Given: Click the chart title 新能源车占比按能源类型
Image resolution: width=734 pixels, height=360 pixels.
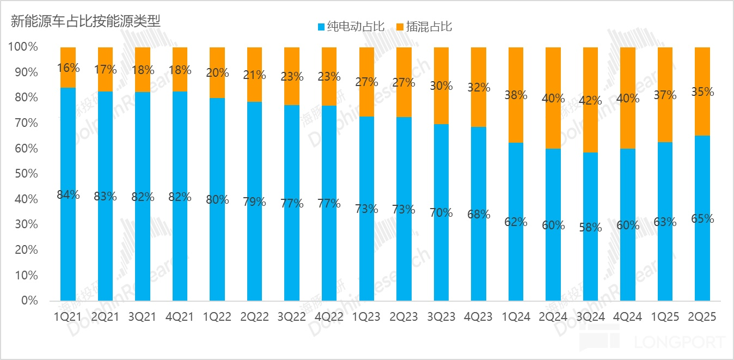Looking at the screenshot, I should coord(85,22).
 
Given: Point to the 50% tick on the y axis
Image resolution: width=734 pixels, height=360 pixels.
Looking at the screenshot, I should coord(23,174).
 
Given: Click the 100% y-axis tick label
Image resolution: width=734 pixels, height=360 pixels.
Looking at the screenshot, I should coord(23,47).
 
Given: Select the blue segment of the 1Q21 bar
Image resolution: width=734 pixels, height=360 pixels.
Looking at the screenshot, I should coord(68,245).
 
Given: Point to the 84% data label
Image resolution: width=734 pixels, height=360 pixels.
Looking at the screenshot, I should coord(68,194).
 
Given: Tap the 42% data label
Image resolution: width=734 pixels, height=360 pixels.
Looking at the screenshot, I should coord(591,100).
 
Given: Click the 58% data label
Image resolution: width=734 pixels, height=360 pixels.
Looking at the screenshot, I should coord(591,228).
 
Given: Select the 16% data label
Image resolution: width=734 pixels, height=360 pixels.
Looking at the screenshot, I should coord(68,68).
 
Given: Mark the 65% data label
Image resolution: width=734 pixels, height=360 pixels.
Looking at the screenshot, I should coord(702,219).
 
